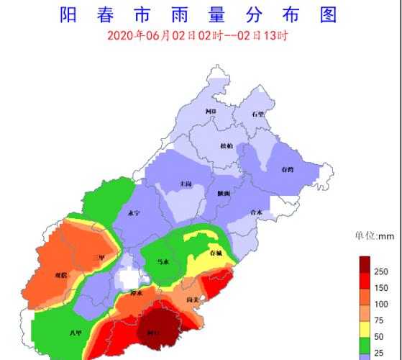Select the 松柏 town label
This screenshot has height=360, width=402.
(226, 146)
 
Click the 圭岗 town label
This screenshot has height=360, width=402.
(186, 185)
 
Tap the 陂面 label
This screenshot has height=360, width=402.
(224, 194)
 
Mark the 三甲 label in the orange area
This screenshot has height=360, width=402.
(99, 257)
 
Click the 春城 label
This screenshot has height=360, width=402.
(216, 254)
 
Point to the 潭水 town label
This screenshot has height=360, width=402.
(136, 294)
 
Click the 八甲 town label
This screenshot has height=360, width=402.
(76, 333)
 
